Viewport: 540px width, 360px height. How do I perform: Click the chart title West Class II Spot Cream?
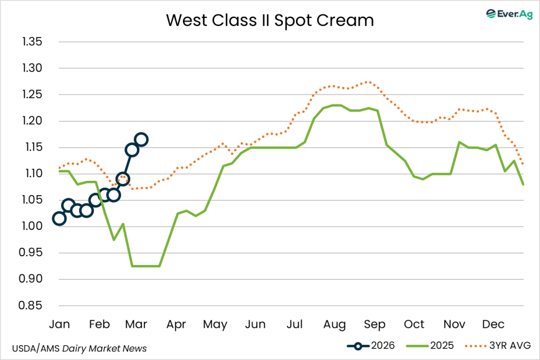(x=269, y=20)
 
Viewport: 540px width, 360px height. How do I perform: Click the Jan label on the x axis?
(x=59, y=324)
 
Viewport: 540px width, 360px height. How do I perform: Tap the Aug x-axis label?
(x=334, y=324)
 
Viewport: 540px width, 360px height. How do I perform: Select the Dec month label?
(x=493, y=324)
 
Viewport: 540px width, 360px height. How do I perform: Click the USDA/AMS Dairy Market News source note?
(x=79, y=348)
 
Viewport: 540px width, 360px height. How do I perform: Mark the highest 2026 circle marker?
(x=141, y=140)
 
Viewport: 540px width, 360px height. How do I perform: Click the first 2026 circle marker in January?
(x=59, y=219)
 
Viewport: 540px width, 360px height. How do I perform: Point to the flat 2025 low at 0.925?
(x=146, y=266)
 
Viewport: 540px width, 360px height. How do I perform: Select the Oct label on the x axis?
(x=414, y=324)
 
